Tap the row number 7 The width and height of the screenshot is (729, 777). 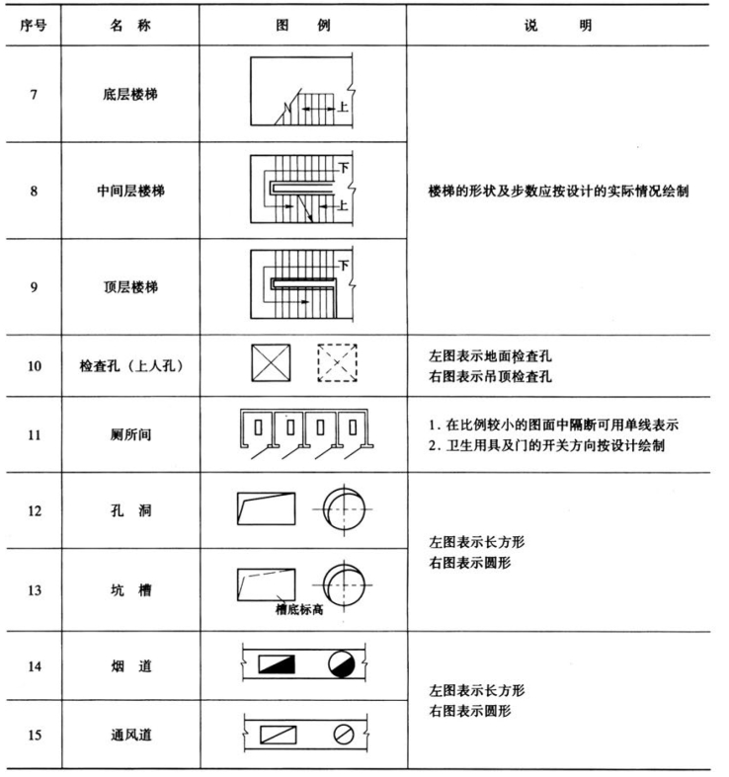33,96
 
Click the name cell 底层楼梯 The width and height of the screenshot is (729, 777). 129,96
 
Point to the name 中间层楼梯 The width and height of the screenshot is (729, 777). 129,191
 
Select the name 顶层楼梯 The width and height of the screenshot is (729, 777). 129,286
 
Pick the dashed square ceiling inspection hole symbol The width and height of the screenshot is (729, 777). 337,363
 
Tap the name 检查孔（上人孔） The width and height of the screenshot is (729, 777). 129,363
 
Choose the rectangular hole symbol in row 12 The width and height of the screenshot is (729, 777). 267,508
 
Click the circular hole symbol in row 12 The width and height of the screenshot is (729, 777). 341,507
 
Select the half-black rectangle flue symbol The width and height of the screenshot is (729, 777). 278,664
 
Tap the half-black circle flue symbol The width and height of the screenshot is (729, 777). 341,664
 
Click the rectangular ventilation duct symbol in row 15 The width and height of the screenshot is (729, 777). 278,735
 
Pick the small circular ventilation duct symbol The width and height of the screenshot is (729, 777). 342,735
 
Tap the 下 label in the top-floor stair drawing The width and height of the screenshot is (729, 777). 344,265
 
